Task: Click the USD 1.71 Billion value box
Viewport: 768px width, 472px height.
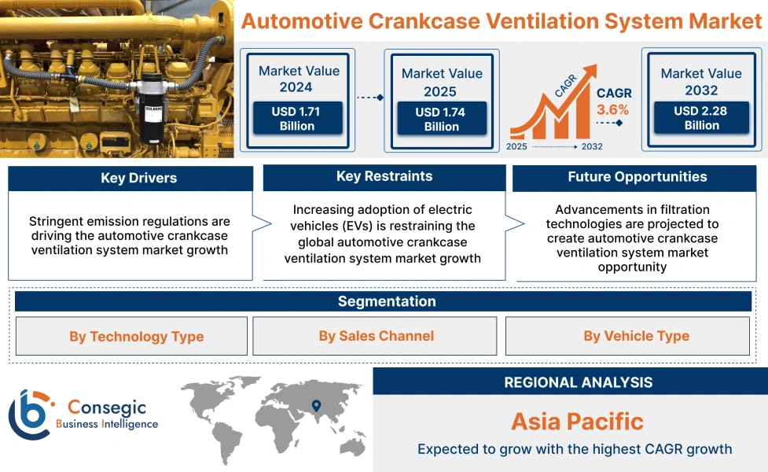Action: (x=297, y=119)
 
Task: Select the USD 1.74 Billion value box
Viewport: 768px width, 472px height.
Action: (x=441, y=120)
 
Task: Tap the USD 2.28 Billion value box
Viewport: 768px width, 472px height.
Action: (x=701, y=118)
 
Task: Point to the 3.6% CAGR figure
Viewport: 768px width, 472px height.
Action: (x=613, y=109)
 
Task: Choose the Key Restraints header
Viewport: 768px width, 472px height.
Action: (x=384, y=177)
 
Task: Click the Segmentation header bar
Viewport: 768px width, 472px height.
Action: (x=386, y=301)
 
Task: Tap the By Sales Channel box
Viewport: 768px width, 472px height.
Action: (x=375, y=336)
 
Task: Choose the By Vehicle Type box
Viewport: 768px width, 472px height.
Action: (x=636, y=336)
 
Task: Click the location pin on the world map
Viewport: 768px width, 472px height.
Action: (x=316, y=406)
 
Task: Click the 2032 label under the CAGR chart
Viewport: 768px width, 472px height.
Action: (x=592, y=146)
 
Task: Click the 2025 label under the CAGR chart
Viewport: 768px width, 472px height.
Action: (x=517, y=146)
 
